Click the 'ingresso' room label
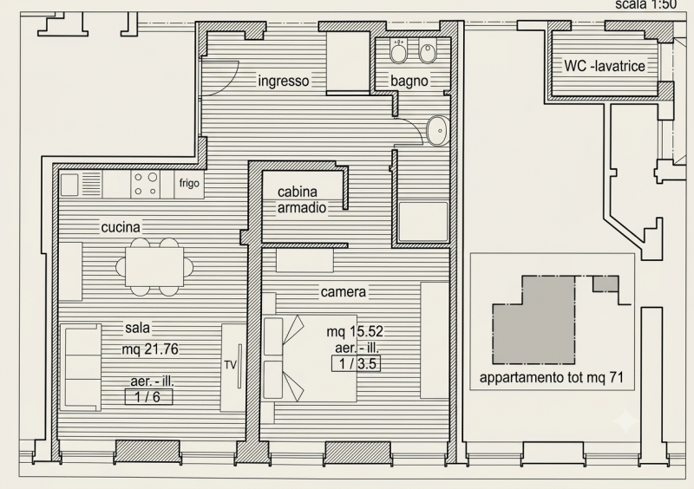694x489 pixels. (x=284, y=81)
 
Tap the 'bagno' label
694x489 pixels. (x=409, y=81)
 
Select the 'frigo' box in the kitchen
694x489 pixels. (x=189, y=184)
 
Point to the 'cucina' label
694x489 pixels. (x=121, y=227)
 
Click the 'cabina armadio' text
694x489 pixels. (x=302, y=199)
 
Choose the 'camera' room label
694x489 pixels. (x=344, y=292)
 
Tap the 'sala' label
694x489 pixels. (x=138, y=328)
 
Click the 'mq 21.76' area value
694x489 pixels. (x=150, y=349)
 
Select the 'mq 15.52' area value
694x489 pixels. (x=355, y=331)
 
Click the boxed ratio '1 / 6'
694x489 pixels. (x=148, y=396)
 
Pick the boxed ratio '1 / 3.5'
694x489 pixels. (x=357, y=364)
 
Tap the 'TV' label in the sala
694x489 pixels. (x=231, y=365)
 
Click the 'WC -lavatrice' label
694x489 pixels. (x=605, y=66)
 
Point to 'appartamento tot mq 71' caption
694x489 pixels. (x=552, y=377)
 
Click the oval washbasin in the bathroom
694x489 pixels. (x=438, y=131)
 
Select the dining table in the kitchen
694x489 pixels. (x=154, y=267)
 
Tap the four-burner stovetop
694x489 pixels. (x=146, y=184)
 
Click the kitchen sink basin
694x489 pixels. (x=69, y=185)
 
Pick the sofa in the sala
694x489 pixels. (x=81, y=367)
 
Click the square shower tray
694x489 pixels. (x=423, y=222)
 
